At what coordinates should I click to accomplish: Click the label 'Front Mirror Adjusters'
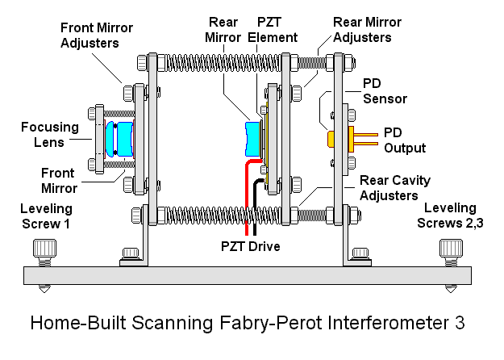click(96, 35)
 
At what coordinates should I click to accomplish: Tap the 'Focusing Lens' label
click(50, 135)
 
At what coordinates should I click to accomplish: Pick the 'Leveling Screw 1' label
click(47, 216)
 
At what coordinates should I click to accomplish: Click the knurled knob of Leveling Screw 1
click(45, 248)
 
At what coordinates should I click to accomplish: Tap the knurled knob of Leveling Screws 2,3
click(449, 248)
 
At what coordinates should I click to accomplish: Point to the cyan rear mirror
click(252, 136)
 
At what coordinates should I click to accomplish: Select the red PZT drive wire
click(244, 194)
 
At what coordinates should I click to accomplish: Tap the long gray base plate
click(242, 275)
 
